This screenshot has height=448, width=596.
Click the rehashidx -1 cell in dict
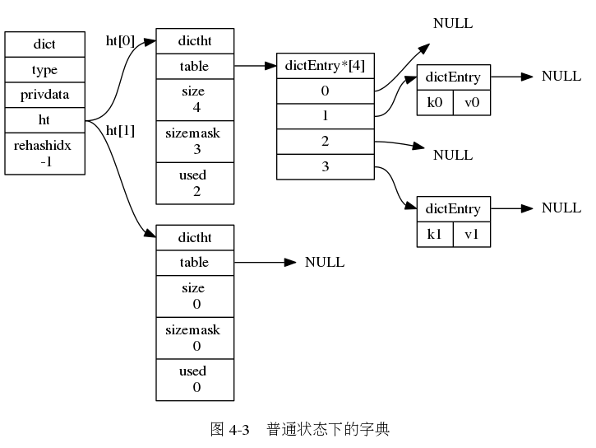tap(44, 153)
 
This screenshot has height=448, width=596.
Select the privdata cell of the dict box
tap(44, 95)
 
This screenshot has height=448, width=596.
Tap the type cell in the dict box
tap(44, 69)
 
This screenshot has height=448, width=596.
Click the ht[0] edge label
tap(120, 40)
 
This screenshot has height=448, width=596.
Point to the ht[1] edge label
tap(120, 130)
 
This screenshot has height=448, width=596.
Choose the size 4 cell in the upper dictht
tap(195, 99)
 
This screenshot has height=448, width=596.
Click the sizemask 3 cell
tap(195, 141)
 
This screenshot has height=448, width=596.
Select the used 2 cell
tap(195, 183)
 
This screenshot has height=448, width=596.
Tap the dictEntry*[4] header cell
tap(325, 65)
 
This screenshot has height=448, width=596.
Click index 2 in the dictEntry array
tap(325, 142)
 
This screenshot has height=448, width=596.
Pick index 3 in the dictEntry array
tap(325, 167)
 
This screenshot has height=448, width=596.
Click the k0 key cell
tap(435, 103)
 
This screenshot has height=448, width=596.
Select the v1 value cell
tap(471, 234)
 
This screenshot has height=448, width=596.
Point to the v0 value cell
tap(471, 103)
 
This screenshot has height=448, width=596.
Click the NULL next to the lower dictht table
tap(325, 263)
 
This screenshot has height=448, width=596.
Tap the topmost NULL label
tap(453, 24)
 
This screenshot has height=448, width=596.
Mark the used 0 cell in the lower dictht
tap(195, 380)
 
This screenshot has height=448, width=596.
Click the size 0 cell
tap(195, 296)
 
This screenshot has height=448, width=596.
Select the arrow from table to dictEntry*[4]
tap(255, 65)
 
